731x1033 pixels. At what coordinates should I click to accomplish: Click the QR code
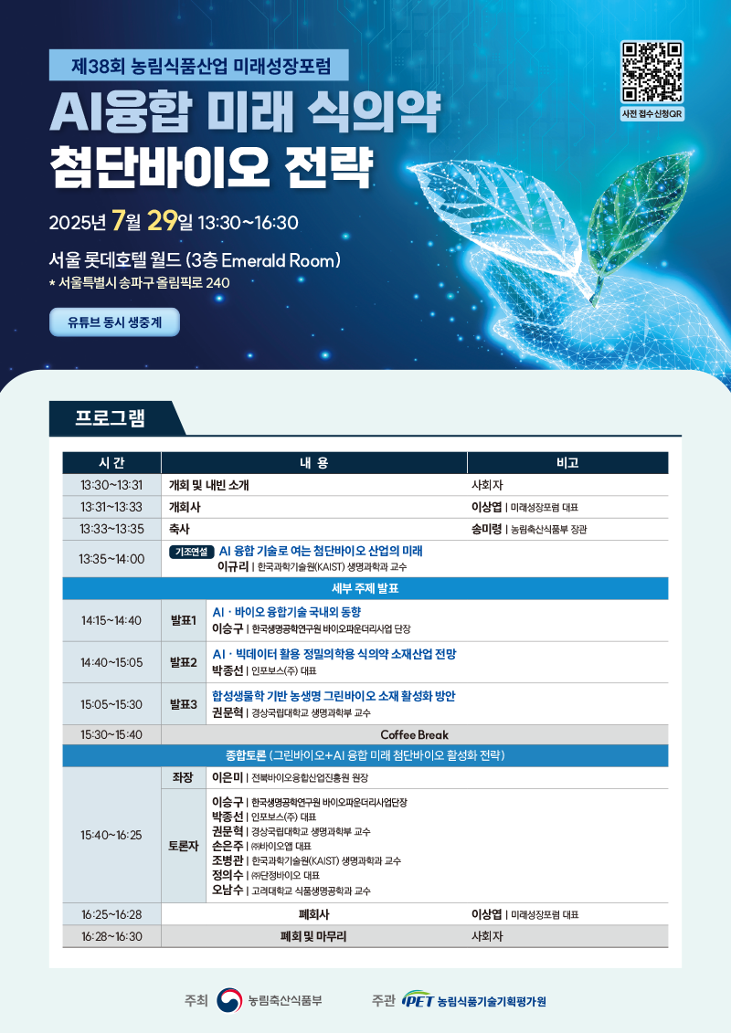pos(652,72)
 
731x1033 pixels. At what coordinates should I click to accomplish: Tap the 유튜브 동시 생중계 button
pos(115,322)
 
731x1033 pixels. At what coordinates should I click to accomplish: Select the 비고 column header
pos(567,463)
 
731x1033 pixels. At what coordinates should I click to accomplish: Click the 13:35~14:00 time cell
pos(111,559)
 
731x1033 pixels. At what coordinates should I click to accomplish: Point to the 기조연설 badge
pos(191,552)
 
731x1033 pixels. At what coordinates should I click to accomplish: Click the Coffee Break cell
pos(414,734)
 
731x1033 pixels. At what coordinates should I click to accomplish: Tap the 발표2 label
pos(184,662)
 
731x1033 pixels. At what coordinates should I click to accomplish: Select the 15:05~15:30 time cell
pos(111,704)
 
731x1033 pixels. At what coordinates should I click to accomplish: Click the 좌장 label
pos(183,778)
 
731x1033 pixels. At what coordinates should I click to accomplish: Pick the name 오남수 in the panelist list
pos(228,890)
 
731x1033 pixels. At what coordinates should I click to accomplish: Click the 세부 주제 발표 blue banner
pos(365,588)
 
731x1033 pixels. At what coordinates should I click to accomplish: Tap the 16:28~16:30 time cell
pos(111,936)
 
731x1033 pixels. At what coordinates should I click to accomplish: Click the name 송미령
pos(486,529)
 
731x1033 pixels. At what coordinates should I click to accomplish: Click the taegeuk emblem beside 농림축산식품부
pos(229,1000)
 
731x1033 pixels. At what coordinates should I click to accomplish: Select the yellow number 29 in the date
pos(162,221)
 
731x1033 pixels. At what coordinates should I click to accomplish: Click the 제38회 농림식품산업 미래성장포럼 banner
pos(199,65)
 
